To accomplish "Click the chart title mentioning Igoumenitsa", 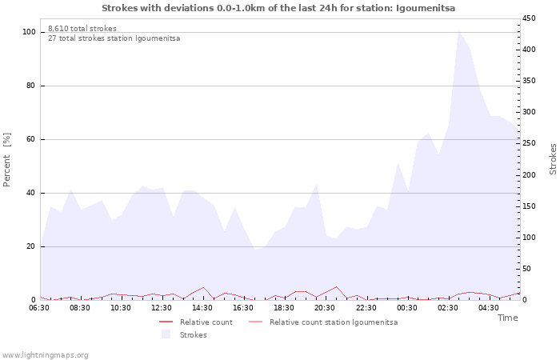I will (278, 7).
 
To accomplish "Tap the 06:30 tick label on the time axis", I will (39, 307).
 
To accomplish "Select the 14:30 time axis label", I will (202, 307).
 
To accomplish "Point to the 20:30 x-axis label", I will (325, 307).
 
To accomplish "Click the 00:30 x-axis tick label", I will (406, 307).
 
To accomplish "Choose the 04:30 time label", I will (488, 307).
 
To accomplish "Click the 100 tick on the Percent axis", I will (30, 32).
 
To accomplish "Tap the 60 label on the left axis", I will (32, 139).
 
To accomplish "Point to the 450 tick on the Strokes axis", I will (529, 18).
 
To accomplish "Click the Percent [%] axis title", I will (7, 160).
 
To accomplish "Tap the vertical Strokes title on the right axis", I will (553, 158).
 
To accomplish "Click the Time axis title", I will (507, 318).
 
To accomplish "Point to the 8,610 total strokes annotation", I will (82, 29).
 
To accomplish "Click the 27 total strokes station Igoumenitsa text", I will (114, 38).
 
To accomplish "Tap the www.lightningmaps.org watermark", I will (45, 355).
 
